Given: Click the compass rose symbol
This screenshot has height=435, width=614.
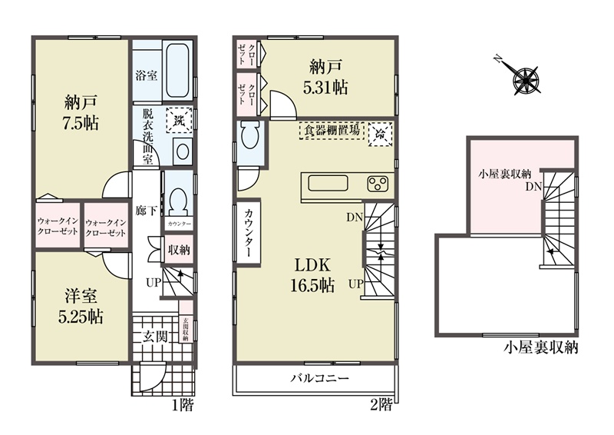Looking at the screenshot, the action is [x=526, y=80].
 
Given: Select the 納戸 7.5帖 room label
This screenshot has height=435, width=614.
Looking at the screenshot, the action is [x=81, y=112].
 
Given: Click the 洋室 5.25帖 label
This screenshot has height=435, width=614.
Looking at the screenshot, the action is [x=81, y=306].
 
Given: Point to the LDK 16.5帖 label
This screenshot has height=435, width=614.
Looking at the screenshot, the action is [x=312, y=275].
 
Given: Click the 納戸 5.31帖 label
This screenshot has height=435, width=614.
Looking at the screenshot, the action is [x=325, y=78].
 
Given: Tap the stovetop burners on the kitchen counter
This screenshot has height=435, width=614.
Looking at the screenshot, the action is [x=378, y=183].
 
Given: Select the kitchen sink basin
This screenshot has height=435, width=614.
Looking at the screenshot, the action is [x=328, y=183].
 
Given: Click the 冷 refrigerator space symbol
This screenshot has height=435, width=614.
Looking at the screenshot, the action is [x=380, y=134].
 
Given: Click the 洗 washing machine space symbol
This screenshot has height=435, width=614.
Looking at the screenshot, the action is [x=179, y=121].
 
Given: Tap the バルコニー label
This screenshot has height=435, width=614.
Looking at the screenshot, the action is [x=319, y=379].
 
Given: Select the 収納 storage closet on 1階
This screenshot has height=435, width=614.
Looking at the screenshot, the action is [x=179, y=250].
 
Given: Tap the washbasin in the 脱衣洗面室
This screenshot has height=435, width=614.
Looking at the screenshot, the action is [x=182, y=151].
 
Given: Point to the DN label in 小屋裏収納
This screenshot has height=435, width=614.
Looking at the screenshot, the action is [x=533, y=187].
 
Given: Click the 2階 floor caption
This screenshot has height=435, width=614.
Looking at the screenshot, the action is [x=381, y=404].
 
